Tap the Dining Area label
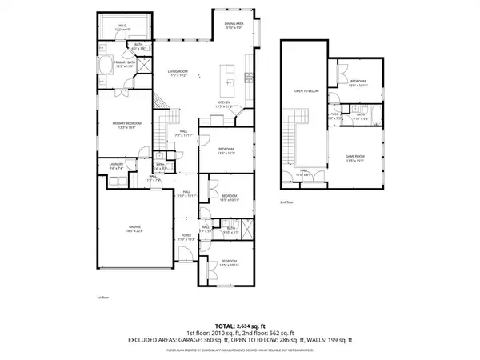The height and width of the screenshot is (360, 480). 234,26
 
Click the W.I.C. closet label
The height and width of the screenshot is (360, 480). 123,27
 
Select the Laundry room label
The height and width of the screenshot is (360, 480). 116,167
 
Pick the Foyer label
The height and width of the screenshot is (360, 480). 186,238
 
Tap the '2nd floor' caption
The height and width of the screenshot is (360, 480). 287,203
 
